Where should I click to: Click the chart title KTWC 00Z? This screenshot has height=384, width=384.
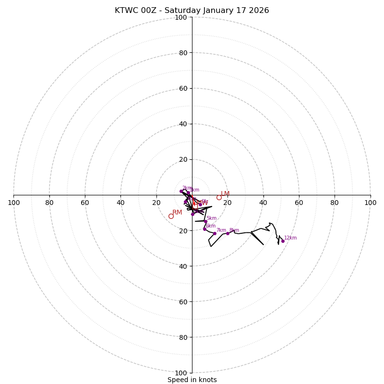tap(192, 11)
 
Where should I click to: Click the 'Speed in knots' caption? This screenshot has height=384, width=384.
tap(192, 380)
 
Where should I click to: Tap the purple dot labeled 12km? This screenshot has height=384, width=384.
tap(283, 241)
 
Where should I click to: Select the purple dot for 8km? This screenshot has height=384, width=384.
tap(228, 233)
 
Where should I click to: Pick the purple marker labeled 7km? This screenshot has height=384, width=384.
tap(215, 233)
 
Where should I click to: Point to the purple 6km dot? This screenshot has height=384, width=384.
tap(204, 229)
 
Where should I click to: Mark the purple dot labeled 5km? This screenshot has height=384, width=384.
tap(205, 221)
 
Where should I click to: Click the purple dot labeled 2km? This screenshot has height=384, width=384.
tap(181, 191)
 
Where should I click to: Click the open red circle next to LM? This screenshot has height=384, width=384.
tap(219, 197)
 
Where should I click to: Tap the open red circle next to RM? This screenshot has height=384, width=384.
tap(171, 216)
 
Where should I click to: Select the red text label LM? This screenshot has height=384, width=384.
tap(225, 193)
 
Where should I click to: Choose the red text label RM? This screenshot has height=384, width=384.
tap(177, 212)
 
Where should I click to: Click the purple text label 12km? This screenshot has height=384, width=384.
tap(290, 238)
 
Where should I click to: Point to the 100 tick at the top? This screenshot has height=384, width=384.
tap(181, 17)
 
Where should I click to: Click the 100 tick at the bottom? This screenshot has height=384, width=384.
tap(181, 372)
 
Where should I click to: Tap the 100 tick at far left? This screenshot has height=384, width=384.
tap(13, 203)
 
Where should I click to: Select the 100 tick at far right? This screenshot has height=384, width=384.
tap(370, 203)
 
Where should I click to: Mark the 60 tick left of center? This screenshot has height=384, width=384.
tap(85, 203)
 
